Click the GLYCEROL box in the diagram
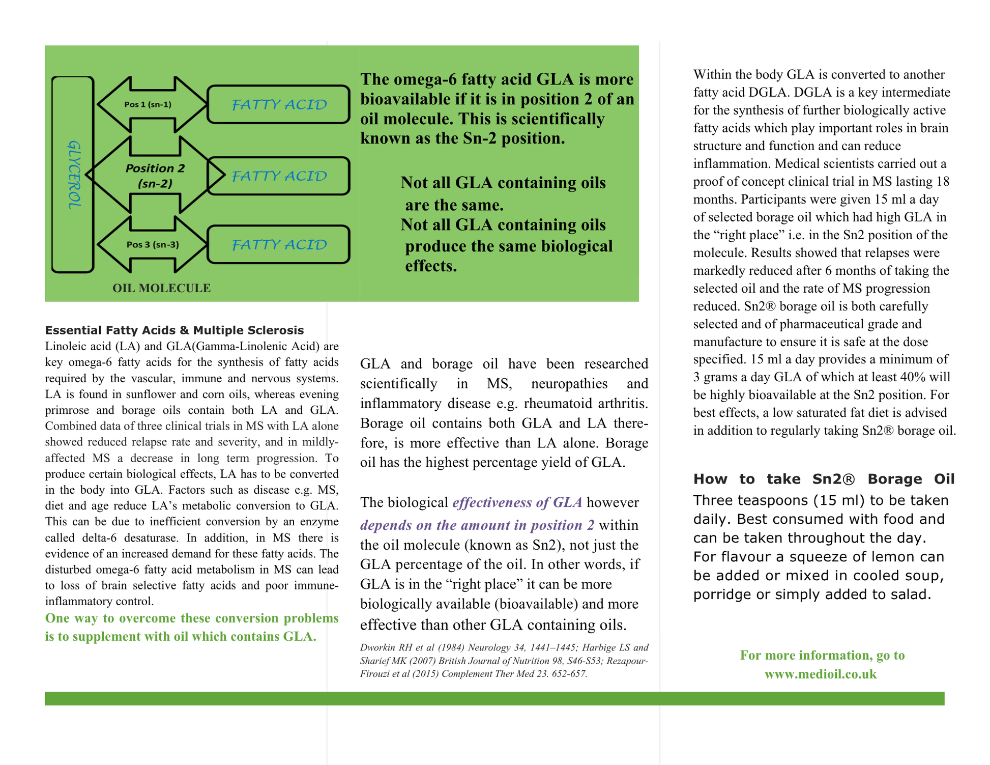point(73,175)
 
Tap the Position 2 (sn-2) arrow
point(155,175)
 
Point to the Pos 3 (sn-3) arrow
point(152,244)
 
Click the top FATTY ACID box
point(278,104)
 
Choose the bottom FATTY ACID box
point(278,245)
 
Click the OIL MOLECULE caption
point(161,288)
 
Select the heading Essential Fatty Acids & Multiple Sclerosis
point(174,330)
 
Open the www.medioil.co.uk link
point(820,674)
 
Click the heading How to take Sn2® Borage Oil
point(824,479)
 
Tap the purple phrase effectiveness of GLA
point(517,503)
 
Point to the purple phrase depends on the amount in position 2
point(477,525)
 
